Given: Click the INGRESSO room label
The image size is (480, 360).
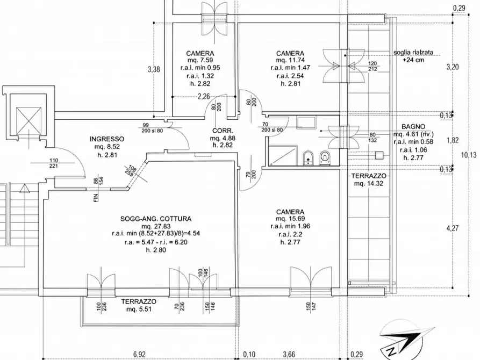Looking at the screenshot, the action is (107, 139).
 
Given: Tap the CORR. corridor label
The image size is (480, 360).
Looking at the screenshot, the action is (223, 131).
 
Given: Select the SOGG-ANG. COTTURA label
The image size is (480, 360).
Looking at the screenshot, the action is (156, 219).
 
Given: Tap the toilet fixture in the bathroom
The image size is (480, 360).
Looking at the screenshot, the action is (324, 158).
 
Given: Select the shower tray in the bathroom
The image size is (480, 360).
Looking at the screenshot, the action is (282, 155).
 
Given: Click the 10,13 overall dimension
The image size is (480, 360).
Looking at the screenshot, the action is (468, 155).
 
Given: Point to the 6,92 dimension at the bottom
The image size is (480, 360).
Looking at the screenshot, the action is (139, 354).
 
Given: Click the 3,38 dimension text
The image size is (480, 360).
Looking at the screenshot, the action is (154, 69).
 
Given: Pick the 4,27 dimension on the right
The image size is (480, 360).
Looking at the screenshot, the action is (453, 228).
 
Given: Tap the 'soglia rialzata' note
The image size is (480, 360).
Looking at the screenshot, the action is (413, 52).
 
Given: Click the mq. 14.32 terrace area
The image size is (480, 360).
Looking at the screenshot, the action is (369, 183).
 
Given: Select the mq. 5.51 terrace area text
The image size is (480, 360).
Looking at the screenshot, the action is (139, 309).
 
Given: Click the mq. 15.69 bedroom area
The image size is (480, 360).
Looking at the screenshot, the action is (290, 219).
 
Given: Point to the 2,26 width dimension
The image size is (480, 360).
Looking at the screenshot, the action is (204, 97).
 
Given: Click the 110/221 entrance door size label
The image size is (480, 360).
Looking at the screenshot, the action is (53, 163).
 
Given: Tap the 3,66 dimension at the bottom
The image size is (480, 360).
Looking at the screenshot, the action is (289, 354).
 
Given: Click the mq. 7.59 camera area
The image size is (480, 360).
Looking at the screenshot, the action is (200, 60).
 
